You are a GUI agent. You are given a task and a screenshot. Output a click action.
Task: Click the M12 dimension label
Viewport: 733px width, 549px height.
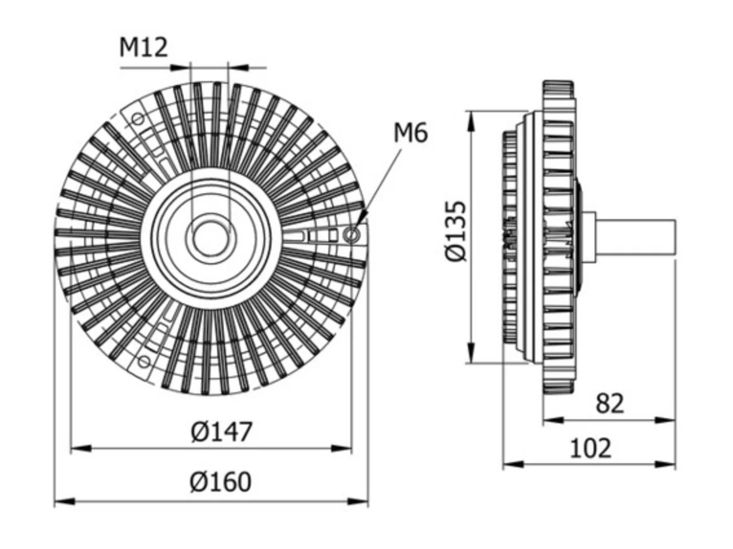click(143, 47)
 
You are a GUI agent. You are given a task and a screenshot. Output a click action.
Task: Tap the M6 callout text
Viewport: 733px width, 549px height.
click(410, 133)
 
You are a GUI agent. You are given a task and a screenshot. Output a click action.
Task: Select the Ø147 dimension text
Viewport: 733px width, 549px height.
click(221, 432)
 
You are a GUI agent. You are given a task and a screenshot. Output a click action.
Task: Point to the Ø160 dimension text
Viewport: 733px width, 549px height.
click(220, 482)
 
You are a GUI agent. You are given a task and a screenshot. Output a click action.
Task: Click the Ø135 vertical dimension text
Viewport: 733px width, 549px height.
click(455, 231)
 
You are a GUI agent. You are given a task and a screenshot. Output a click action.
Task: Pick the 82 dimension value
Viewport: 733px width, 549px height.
click(610, 404)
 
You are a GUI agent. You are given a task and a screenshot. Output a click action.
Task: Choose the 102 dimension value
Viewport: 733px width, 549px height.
click(590, 449)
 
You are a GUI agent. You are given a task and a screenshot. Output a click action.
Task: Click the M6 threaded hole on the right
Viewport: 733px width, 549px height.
click(352, 234)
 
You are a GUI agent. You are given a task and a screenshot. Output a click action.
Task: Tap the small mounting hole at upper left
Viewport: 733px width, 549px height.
click(137, 119)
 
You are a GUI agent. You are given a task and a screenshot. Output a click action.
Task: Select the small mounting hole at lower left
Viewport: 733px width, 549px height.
click(144, 361)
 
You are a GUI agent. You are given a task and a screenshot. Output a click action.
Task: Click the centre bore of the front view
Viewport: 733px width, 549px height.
click(210, 238)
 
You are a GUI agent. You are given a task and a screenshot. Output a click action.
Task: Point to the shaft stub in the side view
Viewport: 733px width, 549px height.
click(635, 238)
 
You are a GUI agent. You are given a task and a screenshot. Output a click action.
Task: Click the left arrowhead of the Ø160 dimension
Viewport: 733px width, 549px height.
click(65, 501)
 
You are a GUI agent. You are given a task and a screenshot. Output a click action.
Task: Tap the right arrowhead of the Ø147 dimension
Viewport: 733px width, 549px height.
click(341, 448)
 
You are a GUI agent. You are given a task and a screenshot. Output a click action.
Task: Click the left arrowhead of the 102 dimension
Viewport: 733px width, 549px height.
click(513, 464)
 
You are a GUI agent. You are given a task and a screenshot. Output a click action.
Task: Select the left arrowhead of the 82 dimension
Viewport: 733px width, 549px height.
click(553, 420)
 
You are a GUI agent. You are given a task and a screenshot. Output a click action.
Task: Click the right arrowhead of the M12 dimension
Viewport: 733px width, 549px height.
click(238, 67)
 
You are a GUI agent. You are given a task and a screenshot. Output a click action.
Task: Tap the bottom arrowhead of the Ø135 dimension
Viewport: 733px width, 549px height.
click(471, 353)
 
